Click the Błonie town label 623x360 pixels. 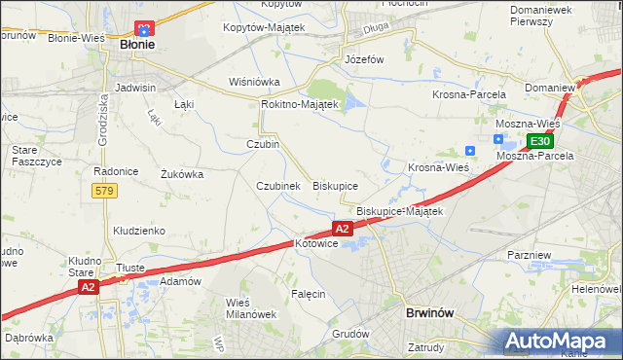point(137,45)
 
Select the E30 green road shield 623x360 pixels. point(541,141)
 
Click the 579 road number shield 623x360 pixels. point(106,191)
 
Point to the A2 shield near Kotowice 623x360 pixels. point(342,228)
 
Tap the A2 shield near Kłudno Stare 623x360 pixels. point(88,287)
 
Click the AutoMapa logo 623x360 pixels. point(562,341)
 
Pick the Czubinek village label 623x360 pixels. point(277,186)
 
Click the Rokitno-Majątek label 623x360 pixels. point(299,104)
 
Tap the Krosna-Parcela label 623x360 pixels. point(469,94)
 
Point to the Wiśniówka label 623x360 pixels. point(254,82)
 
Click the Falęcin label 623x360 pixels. point(308,293)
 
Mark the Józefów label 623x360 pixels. point(365,59)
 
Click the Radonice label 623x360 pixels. point(115,171)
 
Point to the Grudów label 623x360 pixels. point(350,334)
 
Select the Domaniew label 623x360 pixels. point(549,88)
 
